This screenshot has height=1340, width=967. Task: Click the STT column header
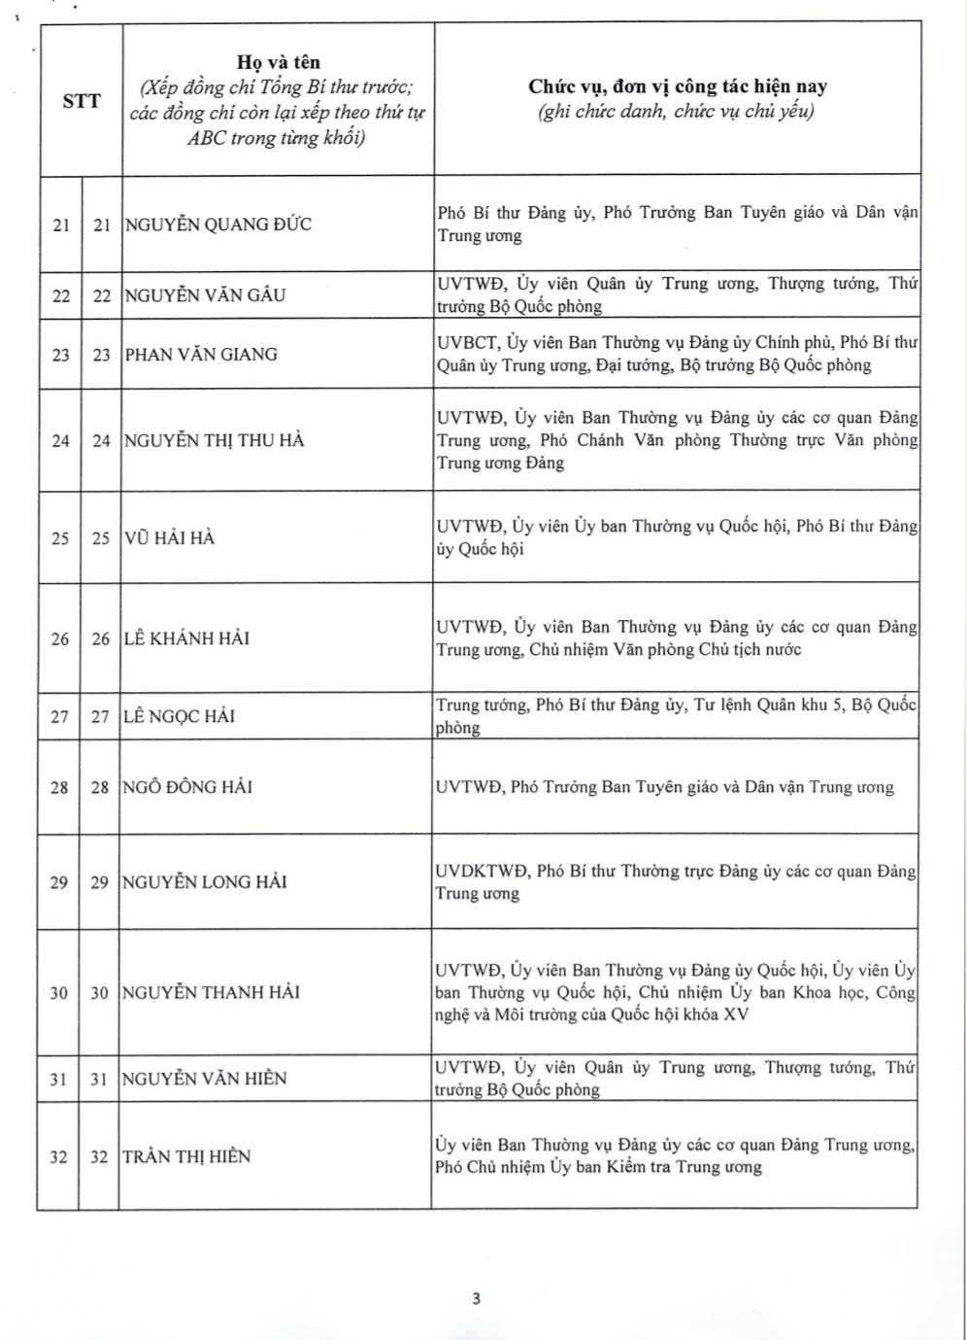pos(82,100)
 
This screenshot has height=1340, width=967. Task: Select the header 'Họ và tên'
pos(278,63)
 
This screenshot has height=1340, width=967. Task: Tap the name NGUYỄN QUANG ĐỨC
pos(218,224)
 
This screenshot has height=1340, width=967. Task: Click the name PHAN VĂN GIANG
pos(201,355)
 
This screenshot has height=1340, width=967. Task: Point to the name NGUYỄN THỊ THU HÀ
pos(214,440)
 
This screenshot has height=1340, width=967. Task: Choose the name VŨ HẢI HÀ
pos(169,537)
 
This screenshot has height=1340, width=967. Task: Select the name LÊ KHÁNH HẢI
pos(186,638)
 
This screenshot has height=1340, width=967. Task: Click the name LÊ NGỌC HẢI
pos(179,716)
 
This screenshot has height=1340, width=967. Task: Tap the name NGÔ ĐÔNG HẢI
pos(187,787)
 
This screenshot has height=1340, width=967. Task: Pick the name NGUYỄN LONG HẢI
pos(204,882)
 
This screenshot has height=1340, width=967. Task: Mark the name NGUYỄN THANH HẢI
pos(211,992)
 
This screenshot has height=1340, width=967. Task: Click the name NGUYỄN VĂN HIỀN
pos(204,1079)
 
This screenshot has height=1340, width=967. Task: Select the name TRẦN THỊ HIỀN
pos(186,1156)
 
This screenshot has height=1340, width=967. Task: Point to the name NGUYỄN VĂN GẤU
pos(205,295)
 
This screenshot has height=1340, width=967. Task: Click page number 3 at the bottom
pos(476,1298)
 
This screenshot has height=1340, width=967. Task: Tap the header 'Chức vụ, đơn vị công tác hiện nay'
pos(678,86)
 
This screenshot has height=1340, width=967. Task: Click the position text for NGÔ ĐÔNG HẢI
pos(664,787)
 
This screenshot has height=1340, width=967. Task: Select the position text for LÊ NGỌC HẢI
pos(676,716)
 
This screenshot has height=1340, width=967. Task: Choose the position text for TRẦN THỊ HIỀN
pos(674,1155)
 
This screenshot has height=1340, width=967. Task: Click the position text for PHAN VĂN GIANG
pos(677,354)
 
